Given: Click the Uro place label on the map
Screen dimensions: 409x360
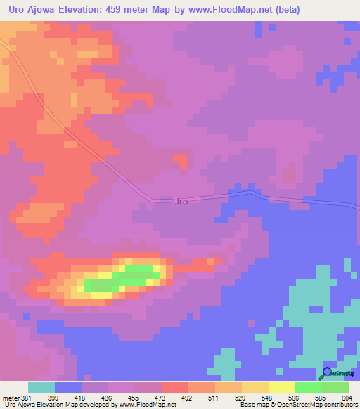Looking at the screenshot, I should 181,202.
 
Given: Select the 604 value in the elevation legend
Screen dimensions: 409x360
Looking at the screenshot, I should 347,397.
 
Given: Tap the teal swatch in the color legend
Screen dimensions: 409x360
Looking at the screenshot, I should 41,387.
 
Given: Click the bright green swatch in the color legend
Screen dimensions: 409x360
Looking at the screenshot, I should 308,387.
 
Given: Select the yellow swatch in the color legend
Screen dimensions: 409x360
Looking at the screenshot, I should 281,387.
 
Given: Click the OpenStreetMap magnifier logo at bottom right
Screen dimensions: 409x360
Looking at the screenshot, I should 327,375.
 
